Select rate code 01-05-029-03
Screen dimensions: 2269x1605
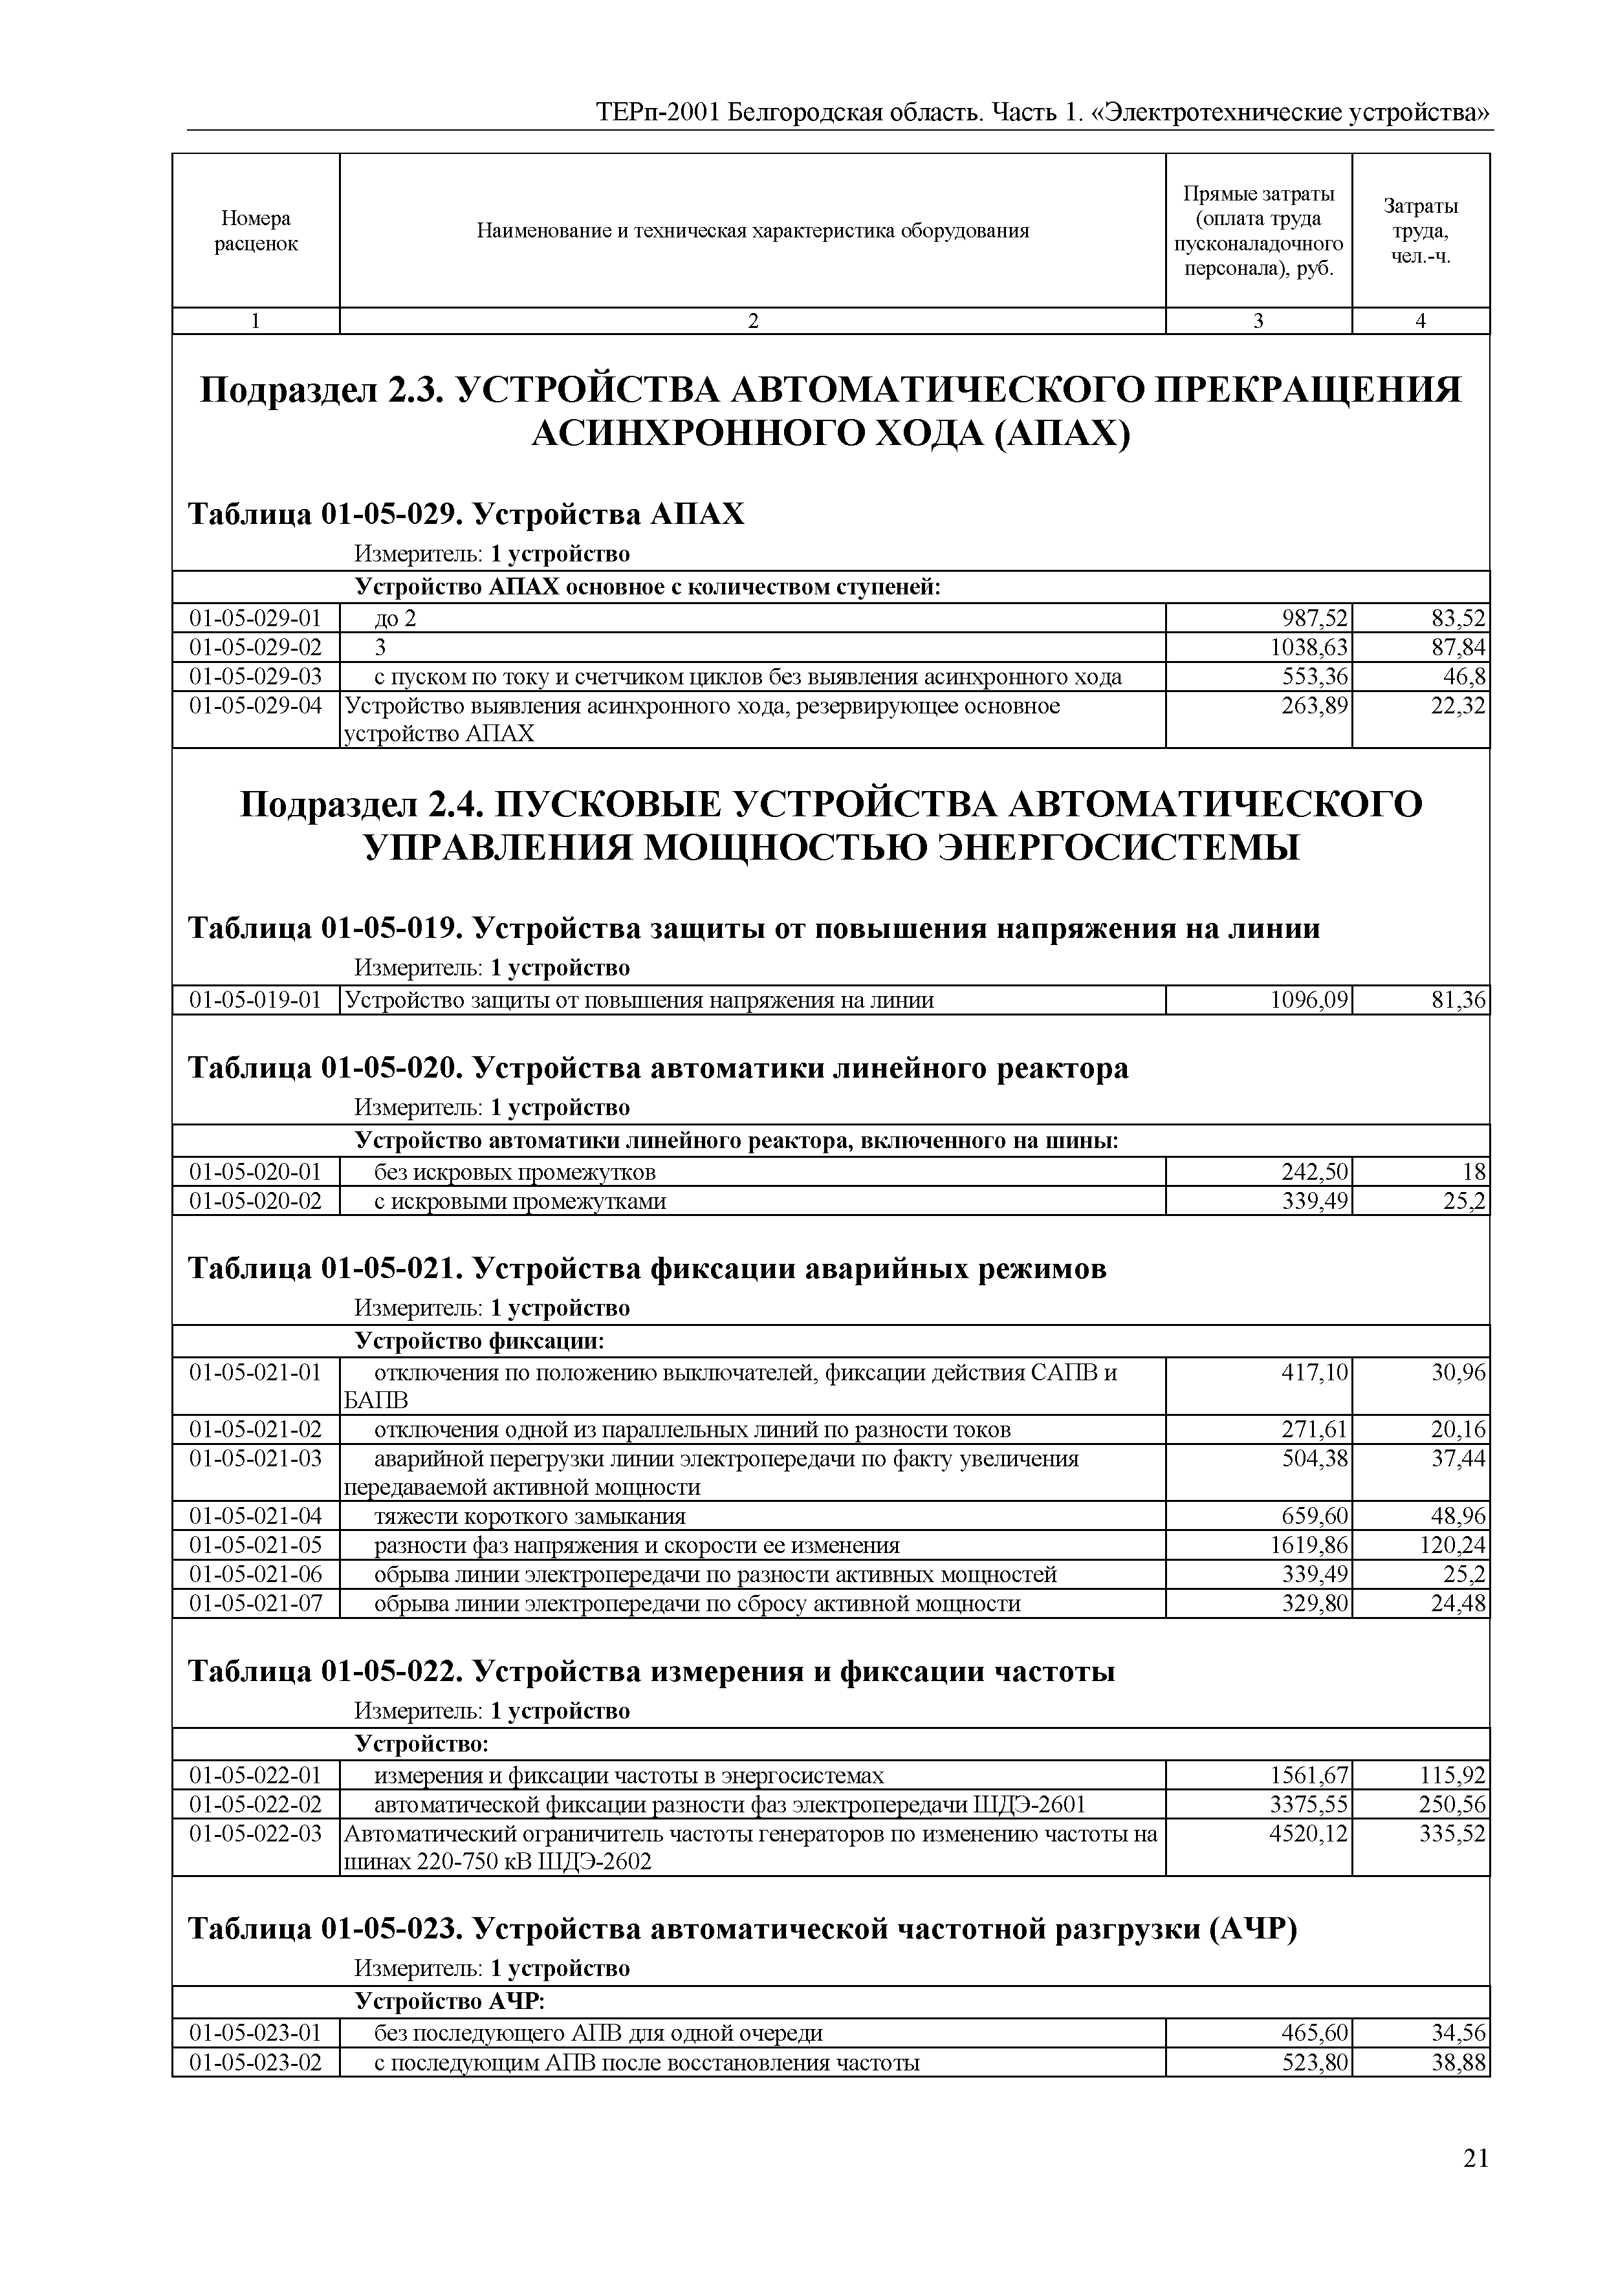[x=256, y=677]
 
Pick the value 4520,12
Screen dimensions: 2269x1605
[x=1309, y=1834]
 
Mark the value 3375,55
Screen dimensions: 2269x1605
[x=1309, y=1805]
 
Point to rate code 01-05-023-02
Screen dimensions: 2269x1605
[x=256, y=2063]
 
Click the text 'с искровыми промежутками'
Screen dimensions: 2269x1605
[x=520, y=1202]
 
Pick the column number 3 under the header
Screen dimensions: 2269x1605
[x=1258, y=320]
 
